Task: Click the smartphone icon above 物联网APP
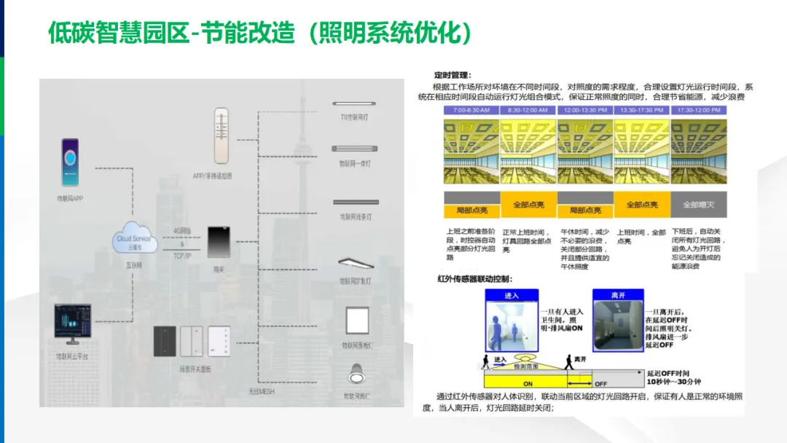coord(71,162)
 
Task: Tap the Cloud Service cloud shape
coord(133,238)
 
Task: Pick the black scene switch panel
coord(165,341)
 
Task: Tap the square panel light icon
coord(357,321)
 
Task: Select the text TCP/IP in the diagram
coord(182,256)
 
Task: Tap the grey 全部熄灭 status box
coord(699,205)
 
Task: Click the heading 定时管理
coord(453,74)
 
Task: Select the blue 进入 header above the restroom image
coord(512,295)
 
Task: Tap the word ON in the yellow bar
coord(528,383)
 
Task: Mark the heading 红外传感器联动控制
coord(474,278)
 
